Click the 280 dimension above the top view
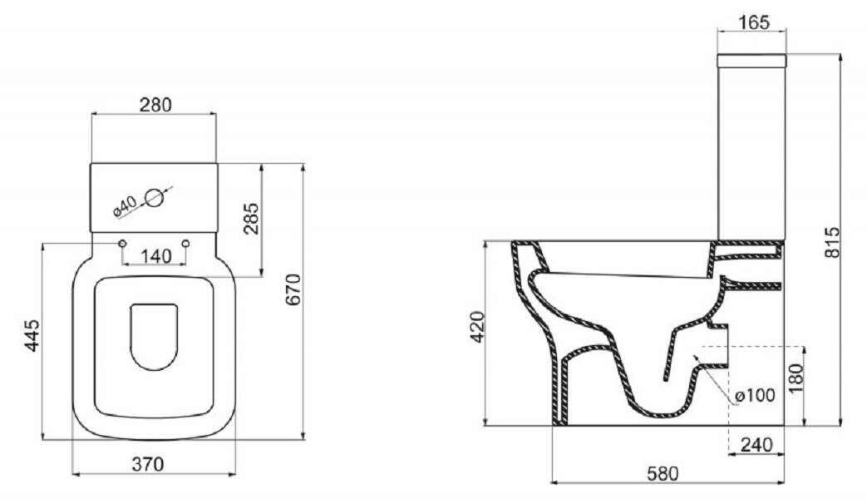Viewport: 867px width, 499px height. click(x=155, y=105)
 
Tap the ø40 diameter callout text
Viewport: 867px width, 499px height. click(x=125, y=205)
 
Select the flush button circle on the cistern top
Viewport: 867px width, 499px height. click(x=155, y=197)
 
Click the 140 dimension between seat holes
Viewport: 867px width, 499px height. click(x=155, y=256)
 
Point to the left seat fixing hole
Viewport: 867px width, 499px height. click(x=122, y=244)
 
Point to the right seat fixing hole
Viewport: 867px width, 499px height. click(x=186, y=244)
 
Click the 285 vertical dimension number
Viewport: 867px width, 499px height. click(x=251, y=219)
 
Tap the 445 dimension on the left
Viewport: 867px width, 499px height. click(x=32, y=335)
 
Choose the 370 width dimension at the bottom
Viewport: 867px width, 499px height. click(x=148, y=464)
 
